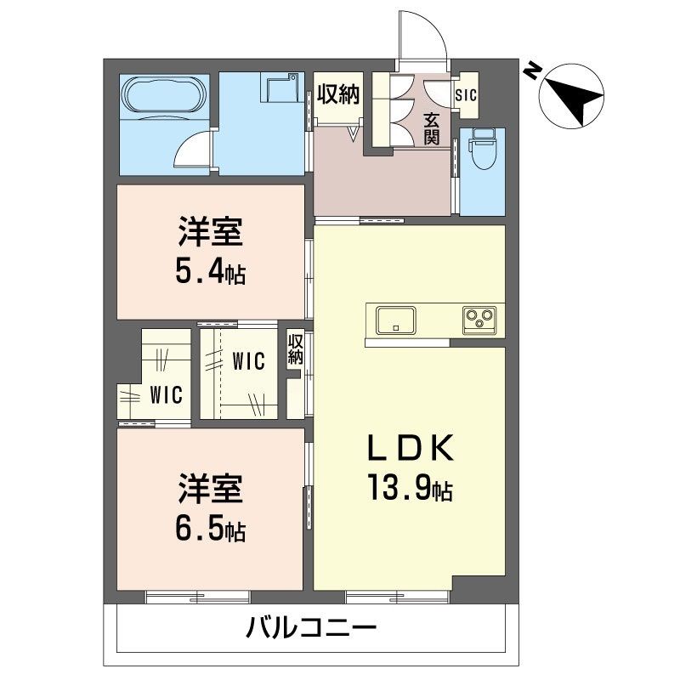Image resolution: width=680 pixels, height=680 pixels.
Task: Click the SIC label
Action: point(467,95)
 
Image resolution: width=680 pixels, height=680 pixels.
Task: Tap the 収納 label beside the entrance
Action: point(338,93)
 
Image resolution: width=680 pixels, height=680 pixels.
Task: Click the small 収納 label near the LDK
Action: point(296,349)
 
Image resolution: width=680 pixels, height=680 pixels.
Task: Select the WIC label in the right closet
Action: point(248,361)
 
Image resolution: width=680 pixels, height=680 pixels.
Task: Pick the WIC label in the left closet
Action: point(167,394)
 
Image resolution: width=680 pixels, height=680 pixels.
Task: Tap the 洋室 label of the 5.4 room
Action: point(210,231)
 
